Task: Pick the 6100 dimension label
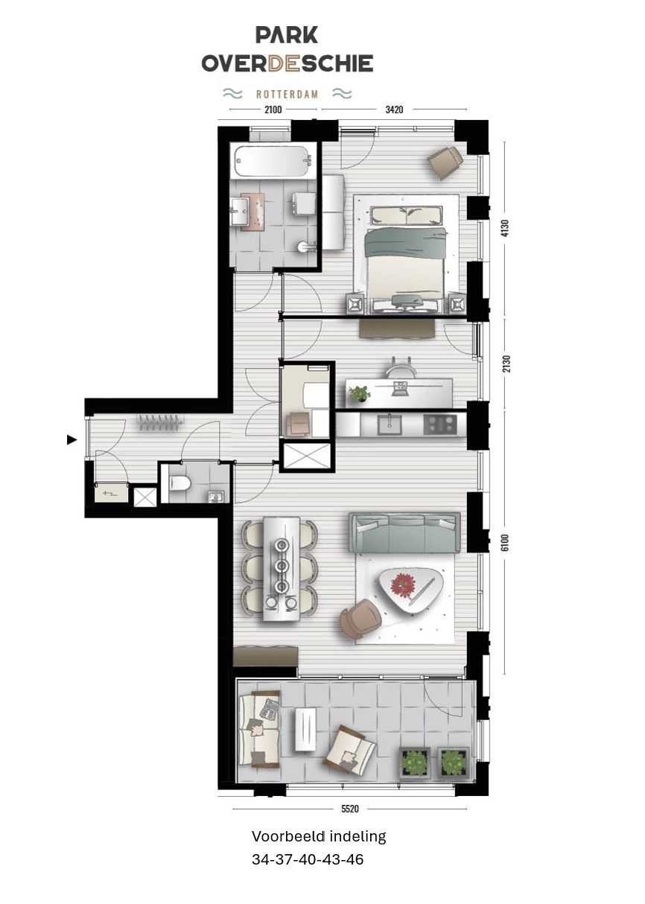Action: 506,541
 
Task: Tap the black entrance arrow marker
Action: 72,440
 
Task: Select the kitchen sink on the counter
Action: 387,424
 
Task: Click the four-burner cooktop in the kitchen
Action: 439,424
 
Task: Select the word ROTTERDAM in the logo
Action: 287,95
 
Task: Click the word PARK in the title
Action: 287,34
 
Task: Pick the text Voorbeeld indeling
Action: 319,836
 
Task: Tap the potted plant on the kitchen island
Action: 359,392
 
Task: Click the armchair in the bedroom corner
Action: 445,162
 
